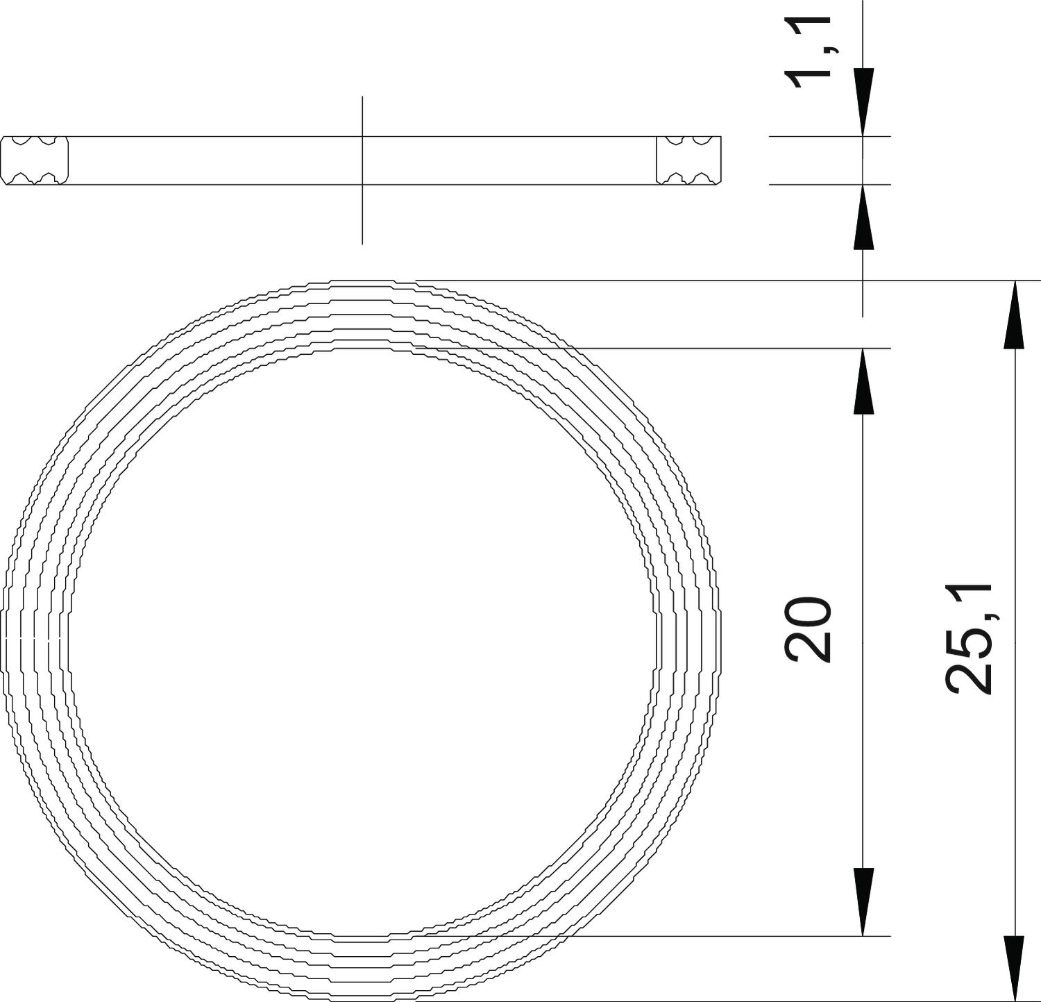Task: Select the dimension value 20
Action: click(x=808, y=628)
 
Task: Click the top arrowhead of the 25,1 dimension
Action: click(x=1015, y=314)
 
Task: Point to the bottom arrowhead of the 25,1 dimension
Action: click(x=1015, y=968)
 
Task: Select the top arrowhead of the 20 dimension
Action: click(x=863, y=381)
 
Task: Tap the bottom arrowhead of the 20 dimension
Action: click(x=863, y=902)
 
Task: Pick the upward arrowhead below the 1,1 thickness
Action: click(x=863, y=217)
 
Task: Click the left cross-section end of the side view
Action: click(x=35, y=160)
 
